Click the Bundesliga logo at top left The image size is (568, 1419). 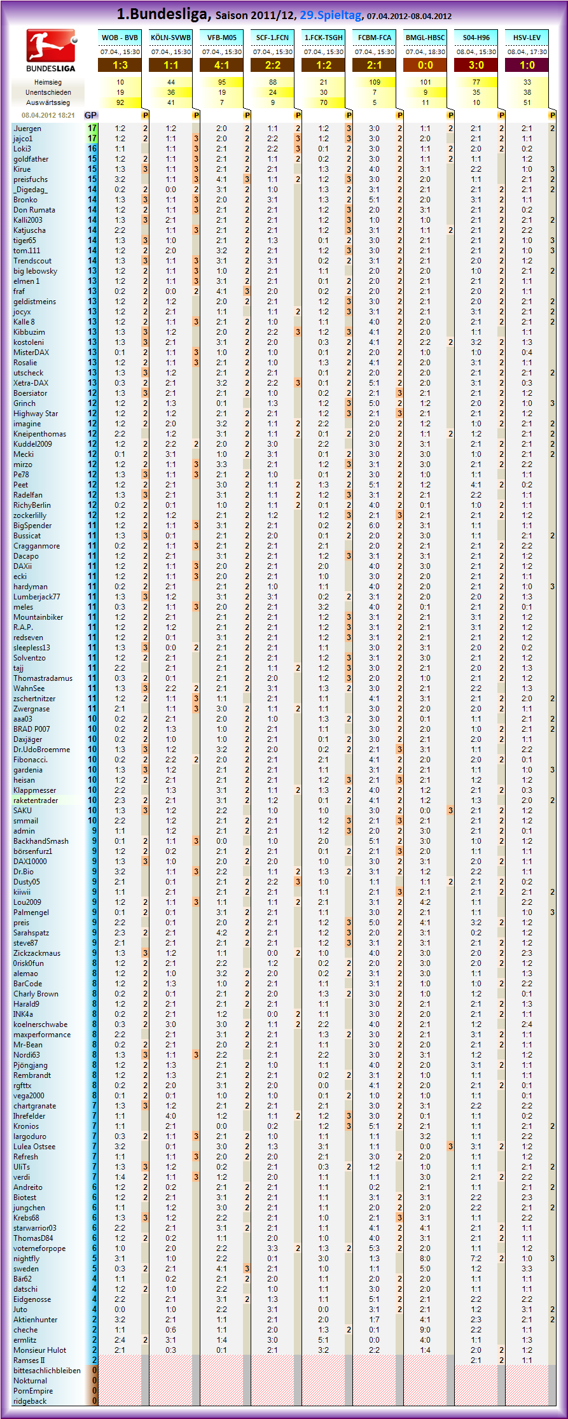(x=51, y=50)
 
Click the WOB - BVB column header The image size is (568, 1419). (x=120, y=38)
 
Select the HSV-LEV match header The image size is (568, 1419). (x=527, y=38)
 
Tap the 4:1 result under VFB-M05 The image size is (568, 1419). (x=221, y=65)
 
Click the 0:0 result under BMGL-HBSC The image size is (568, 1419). (x=425, y=65)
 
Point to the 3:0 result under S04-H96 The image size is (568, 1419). (x=476, y=65)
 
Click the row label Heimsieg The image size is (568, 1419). (x=48, y=82)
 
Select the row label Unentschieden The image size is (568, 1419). (x=48, y=92)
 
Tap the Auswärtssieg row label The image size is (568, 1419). (x=48, y=102)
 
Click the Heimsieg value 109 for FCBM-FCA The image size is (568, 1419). (x=375, y=82)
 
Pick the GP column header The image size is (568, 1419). (x=90, y=115)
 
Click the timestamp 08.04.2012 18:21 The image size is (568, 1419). (x=48, y=115)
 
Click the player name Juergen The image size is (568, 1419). (x=27, y=129)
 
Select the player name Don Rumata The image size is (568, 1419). (x=34, y=210)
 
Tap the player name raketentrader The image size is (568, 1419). (x=36, y=800)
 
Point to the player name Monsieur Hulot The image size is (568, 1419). (x=39, y=1350)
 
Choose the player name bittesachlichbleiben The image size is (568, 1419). (x=47, y=1371)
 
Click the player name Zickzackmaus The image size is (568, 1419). (x=37, y=953)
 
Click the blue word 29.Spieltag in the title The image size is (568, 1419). (x=331, y=15)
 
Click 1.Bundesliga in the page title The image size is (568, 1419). (x=164, y=14)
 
